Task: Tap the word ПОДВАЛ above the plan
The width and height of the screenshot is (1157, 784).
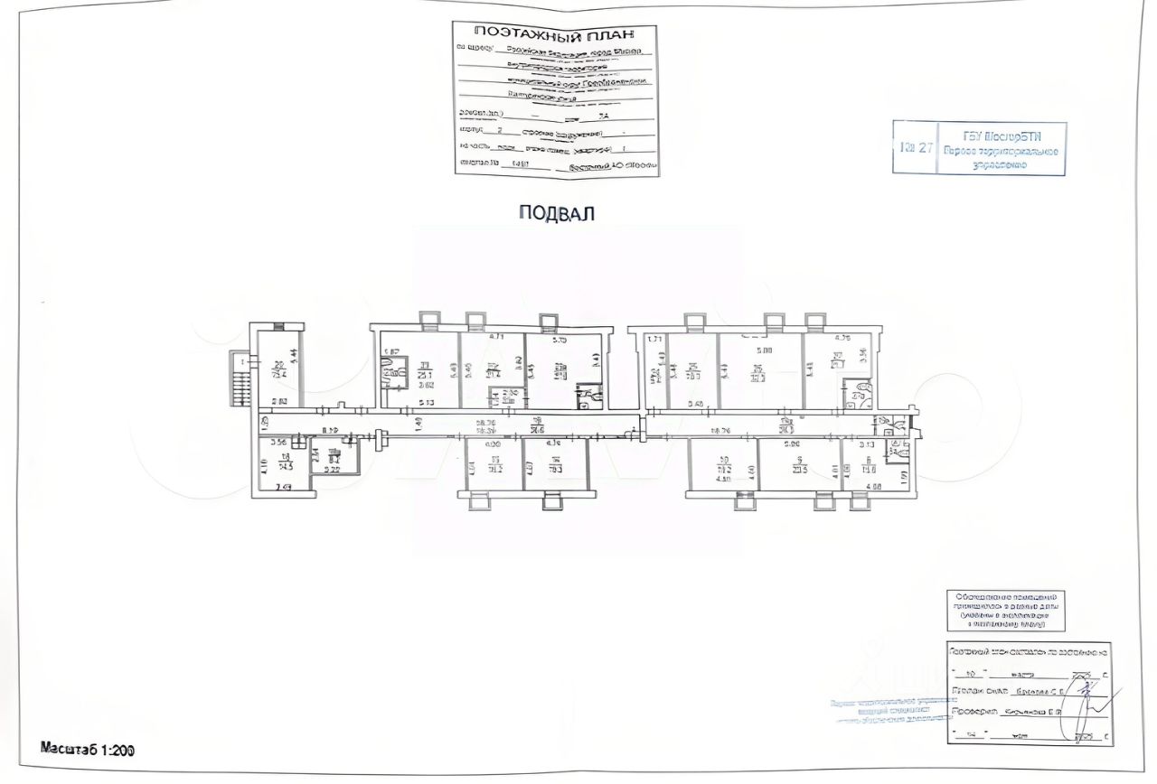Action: click(x=557, y=212)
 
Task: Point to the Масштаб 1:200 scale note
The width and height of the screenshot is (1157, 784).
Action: click(x=88, y=748)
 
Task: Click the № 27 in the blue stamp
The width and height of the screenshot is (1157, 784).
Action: click(x=915, y=148)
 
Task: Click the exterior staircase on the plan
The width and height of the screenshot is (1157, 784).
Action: click(x=240, y=379)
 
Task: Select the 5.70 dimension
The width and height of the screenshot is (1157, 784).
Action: click(x=559, y=341)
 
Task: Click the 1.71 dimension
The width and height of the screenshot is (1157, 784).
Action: click(x=656, y=339)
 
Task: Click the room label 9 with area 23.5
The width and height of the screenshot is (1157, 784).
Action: click(x=797, y=468)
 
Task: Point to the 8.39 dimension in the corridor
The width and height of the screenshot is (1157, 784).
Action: click(x=330, y=430)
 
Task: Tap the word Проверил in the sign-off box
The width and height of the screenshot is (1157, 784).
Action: click(x=972, y=713)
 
